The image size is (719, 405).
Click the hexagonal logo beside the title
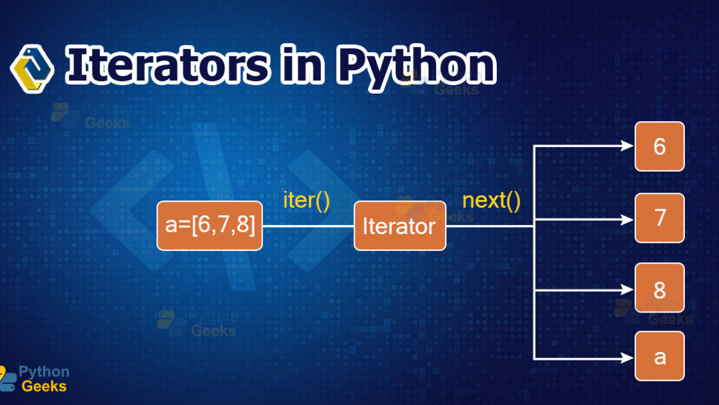[32, 69]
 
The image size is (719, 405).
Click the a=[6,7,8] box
[210, 226]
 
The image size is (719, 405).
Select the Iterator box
[400, 226]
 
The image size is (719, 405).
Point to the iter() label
[307, 201]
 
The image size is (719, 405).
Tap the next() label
[491, 201]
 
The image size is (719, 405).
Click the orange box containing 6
[660, 146]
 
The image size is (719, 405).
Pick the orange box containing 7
[660, 218]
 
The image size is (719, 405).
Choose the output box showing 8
[660, 287]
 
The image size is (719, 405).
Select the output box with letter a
[660, 356]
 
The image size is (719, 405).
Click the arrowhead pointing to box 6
[627, 146]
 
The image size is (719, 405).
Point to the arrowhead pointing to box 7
[627, 220]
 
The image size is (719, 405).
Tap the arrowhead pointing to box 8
[627, 290]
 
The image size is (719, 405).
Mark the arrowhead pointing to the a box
[627, 358]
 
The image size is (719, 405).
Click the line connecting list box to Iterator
[308, 226]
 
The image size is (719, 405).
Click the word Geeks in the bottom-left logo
[44, 386]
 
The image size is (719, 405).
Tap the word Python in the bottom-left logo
[44, 372]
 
